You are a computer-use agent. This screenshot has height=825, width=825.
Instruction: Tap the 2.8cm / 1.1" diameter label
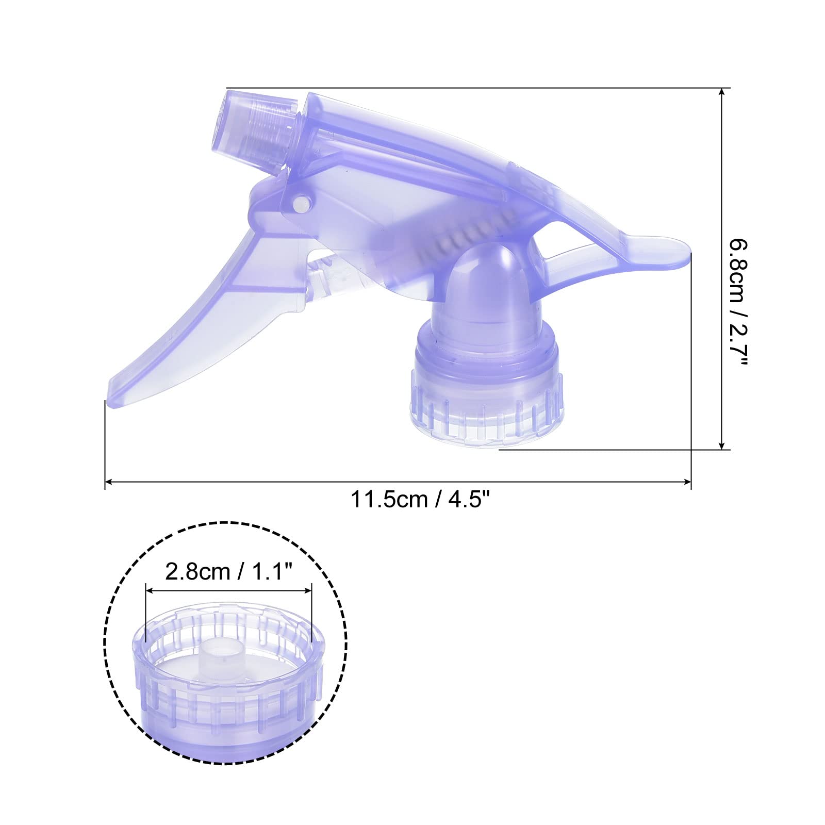point(229,571)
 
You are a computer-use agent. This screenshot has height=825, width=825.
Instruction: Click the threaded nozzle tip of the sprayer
point(250,126)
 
